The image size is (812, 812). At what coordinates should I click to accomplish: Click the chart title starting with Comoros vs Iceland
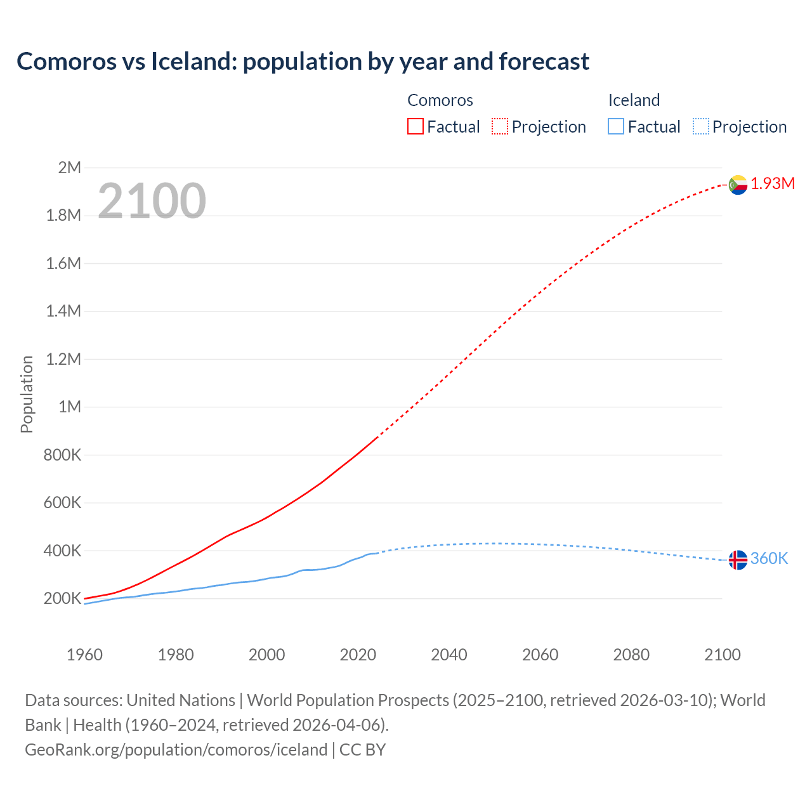click(303, 62)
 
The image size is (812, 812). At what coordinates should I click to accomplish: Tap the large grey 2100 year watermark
click(152, 201)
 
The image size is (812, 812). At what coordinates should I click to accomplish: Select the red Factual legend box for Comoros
click(415, 127)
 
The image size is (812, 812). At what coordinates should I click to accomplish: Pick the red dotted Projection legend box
click(500, 127)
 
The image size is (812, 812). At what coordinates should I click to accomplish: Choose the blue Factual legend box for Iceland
click(615, 127)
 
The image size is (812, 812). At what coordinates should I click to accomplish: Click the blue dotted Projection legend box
click(700, 127)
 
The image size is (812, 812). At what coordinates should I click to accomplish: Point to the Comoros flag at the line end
click(738, 185)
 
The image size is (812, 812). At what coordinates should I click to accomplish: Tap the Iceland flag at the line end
click(738, 560)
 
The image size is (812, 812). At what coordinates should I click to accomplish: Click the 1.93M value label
click(773, 184)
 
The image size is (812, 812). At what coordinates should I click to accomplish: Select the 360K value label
click(769, 559)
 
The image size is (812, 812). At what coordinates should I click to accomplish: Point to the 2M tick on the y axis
click(69, 167)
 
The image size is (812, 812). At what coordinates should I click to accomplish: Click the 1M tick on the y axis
click(69, 407)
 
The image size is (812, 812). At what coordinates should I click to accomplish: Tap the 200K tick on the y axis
click(62, 598)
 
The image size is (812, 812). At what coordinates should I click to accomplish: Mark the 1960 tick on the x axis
click(84, 655)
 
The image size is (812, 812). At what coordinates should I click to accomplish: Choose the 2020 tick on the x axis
click(358, 655)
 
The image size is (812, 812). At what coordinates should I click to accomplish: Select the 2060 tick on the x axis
click(540, 655)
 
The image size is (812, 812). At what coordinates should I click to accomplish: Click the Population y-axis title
click(27, 394)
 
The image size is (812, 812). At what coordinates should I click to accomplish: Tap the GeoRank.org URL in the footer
click(176, 750)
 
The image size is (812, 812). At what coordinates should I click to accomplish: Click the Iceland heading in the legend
click(634, 100)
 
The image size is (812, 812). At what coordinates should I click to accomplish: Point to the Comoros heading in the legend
click(440, 100)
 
